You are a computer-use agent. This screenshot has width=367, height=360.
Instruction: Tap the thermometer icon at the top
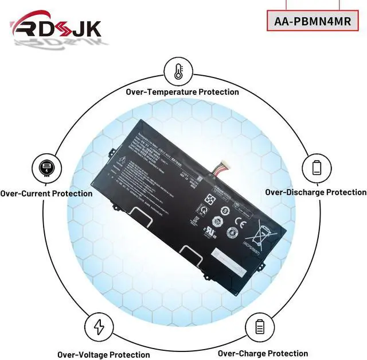coord(178,71)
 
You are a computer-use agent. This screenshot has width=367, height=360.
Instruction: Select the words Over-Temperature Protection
coord(182,92)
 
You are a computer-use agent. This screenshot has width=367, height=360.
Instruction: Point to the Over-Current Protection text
coord(46,193)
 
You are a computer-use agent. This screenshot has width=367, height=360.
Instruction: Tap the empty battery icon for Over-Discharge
coord(317,168)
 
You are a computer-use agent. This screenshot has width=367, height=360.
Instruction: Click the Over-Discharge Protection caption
coord(315,192)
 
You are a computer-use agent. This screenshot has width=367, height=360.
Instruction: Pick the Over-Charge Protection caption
coord(263,353)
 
